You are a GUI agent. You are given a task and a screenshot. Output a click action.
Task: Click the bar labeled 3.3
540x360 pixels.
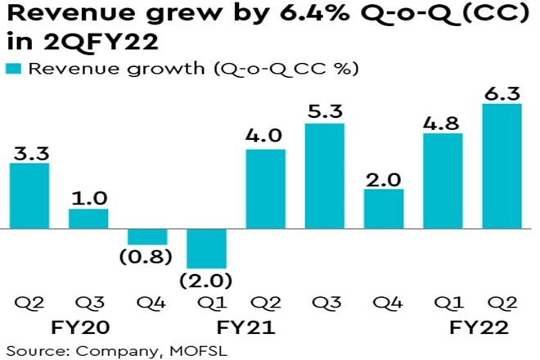click(x=29, y=196)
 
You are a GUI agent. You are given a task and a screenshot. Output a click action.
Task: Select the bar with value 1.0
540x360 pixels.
click(x=88, y=219)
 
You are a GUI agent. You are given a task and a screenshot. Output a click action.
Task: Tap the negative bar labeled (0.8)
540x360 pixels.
click(x=147, y=237)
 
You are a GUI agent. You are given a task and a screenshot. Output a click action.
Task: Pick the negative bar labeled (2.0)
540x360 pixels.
click(x=206, y=246)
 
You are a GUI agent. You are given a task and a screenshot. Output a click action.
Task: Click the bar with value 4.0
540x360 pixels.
click(x=265, y=190)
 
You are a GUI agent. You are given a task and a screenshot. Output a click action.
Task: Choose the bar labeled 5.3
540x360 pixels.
click(x=324, y=177)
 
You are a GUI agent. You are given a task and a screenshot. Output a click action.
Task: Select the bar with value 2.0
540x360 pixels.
click(x=384, y=209)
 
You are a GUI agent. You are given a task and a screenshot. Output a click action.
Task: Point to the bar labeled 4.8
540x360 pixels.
click(x=443, y=182)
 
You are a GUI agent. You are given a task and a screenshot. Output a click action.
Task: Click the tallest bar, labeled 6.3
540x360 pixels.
click(x=502, y=167)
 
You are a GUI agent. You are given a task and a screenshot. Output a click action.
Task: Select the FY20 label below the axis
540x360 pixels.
click(x=88, y=327)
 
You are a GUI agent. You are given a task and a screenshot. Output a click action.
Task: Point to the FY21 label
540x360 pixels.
click(x=245, y=327)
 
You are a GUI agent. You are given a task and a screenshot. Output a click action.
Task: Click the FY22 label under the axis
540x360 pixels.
click(x=479, y=327)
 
